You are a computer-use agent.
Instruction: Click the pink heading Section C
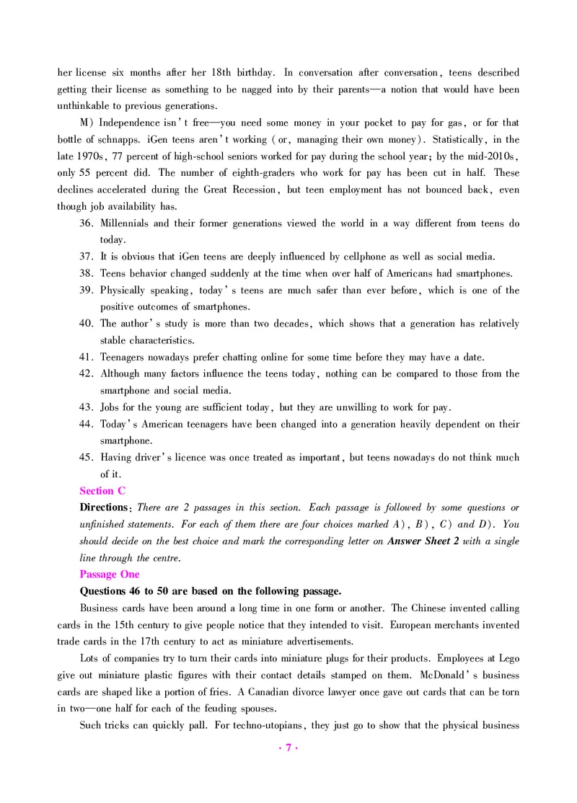[x=102, y=491]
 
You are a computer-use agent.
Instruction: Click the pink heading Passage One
[x=110, y=574]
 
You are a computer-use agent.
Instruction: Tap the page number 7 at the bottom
[x=288, y=748]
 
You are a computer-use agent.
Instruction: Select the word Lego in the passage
[x=508, y=658]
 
